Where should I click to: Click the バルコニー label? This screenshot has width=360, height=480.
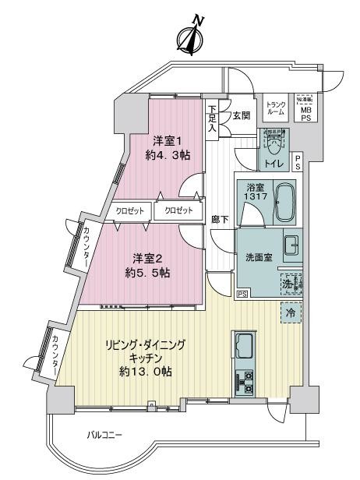tap(104, 434)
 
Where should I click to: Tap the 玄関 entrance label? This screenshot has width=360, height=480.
tap(241, 116)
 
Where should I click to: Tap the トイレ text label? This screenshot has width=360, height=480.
tap(273, 164)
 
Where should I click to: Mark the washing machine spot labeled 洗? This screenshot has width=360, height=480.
tap(291, 284)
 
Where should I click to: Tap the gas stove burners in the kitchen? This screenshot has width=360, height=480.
tap(243, 380)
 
